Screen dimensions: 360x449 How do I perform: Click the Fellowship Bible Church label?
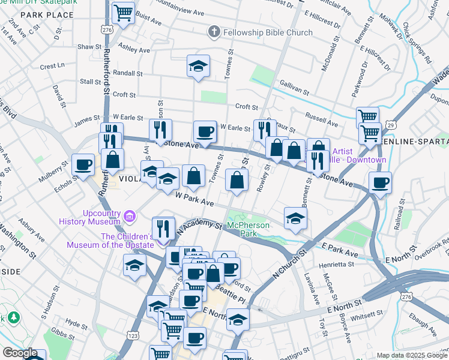click(x=268, y=32)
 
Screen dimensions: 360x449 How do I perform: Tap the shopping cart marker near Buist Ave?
click(x=123, y=12)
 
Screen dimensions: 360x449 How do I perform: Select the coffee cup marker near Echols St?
click(x=83, y=164)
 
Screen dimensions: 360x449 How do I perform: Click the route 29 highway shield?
click(x=391, y=125)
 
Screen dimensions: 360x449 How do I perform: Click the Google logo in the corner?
click(x=20, y=353)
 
